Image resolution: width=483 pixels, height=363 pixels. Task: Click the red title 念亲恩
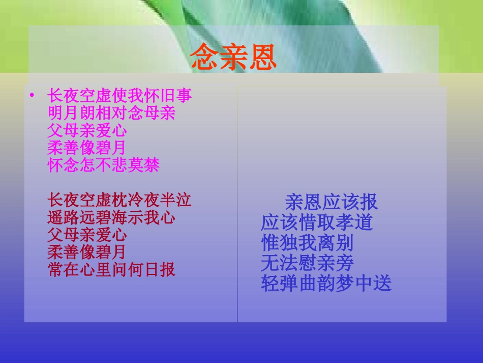click(x=233, y=57)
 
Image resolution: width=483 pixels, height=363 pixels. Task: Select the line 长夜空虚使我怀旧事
click(x=119, y=96)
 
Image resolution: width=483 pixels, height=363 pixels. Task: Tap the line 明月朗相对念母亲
click(x=111, y=113)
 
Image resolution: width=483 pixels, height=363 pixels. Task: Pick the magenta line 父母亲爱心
click(x=87, y=130)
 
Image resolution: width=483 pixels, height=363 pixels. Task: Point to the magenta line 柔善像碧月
click(x=86, y=148)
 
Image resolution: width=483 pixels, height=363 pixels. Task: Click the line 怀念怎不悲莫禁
click(x=103, y=165)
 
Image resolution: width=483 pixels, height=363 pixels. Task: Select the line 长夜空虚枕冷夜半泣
click(x=119, y=200)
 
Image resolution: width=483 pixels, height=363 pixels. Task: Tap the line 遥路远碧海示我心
click(x=111, y=218)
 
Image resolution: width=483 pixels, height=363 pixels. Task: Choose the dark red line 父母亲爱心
click(x=87, y=235)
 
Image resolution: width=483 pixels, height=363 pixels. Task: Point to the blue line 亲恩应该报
click(x=331, y=202)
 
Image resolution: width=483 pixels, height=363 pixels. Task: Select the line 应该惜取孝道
click(x=317, y=222)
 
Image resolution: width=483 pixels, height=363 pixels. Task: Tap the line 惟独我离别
click(x=307, y=242)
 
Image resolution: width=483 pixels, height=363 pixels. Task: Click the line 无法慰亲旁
click(x=307, y=263)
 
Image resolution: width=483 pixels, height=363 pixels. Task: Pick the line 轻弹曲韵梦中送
click(x=326, y=283)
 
